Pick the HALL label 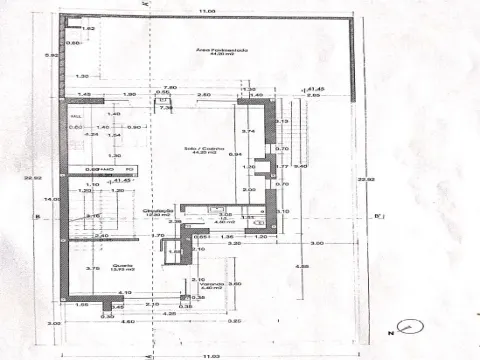75,116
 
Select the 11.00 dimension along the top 206,11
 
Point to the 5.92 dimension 50,56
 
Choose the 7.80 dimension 170,88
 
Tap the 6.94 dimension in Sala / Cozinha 236,155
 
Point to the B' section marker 378,215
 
